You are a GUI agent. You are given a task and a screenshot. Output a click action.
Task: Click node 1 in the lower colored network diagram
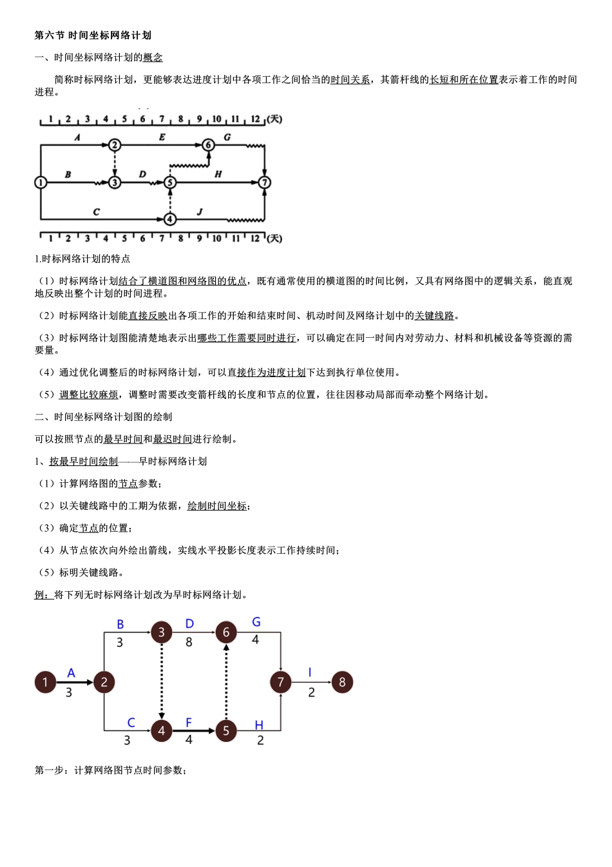[45, 682]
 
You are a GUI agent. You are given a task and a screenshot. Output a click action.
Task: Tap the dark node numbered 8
[342, 682]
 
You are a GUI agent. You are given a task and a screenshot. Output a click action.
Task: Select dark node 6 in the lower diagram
[226, 632]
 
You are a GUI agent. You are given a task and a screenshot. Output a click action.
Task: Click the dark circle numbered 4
[162, 731]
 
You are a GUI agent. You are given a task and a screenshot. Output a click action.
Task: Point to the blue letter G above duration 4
[256, 622]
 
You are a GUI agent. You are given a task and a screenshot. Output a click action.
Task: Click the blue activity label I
[310, 672]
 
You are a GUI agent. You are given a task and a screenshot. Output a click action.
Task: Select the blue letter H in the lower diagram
[259, 725]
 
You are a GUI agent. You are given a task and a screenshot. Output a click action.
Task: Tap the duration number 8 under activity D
[189, 643]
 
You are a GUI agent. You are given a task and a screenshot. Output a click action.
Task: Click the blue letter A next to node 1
[71, 673]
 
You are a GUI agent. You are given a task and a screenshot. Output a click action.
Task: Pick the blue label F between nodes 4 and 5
[189, 723]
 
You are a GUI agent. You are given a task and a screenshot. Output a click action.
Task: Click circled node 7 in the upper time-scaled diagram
[264, 182]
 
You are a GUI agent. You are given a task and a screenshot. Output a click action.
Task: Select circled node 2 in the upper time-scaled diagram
[115, 145]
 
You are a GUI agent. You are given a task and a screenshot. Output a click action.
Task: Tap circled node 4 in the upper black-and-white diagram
[169, 219]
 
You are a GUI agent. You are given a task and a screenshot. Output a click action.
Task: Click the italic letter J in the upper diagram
[200, 211]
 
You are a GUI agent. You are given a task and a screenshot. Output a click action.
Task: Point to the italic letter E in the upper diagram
[162, 137]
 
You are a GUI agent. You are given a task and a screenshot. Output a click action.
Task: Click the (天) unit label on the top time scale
[274, 119]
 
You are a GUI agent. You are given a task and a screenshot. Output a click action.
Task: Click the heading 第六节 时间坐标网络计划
[93, 35]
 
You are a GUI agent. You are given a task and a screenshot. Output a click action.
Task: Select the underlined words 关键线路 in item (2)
[434, 316]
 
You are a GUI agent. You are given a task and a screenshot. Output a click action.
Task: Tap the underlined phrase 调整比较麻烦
[89, 395]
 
